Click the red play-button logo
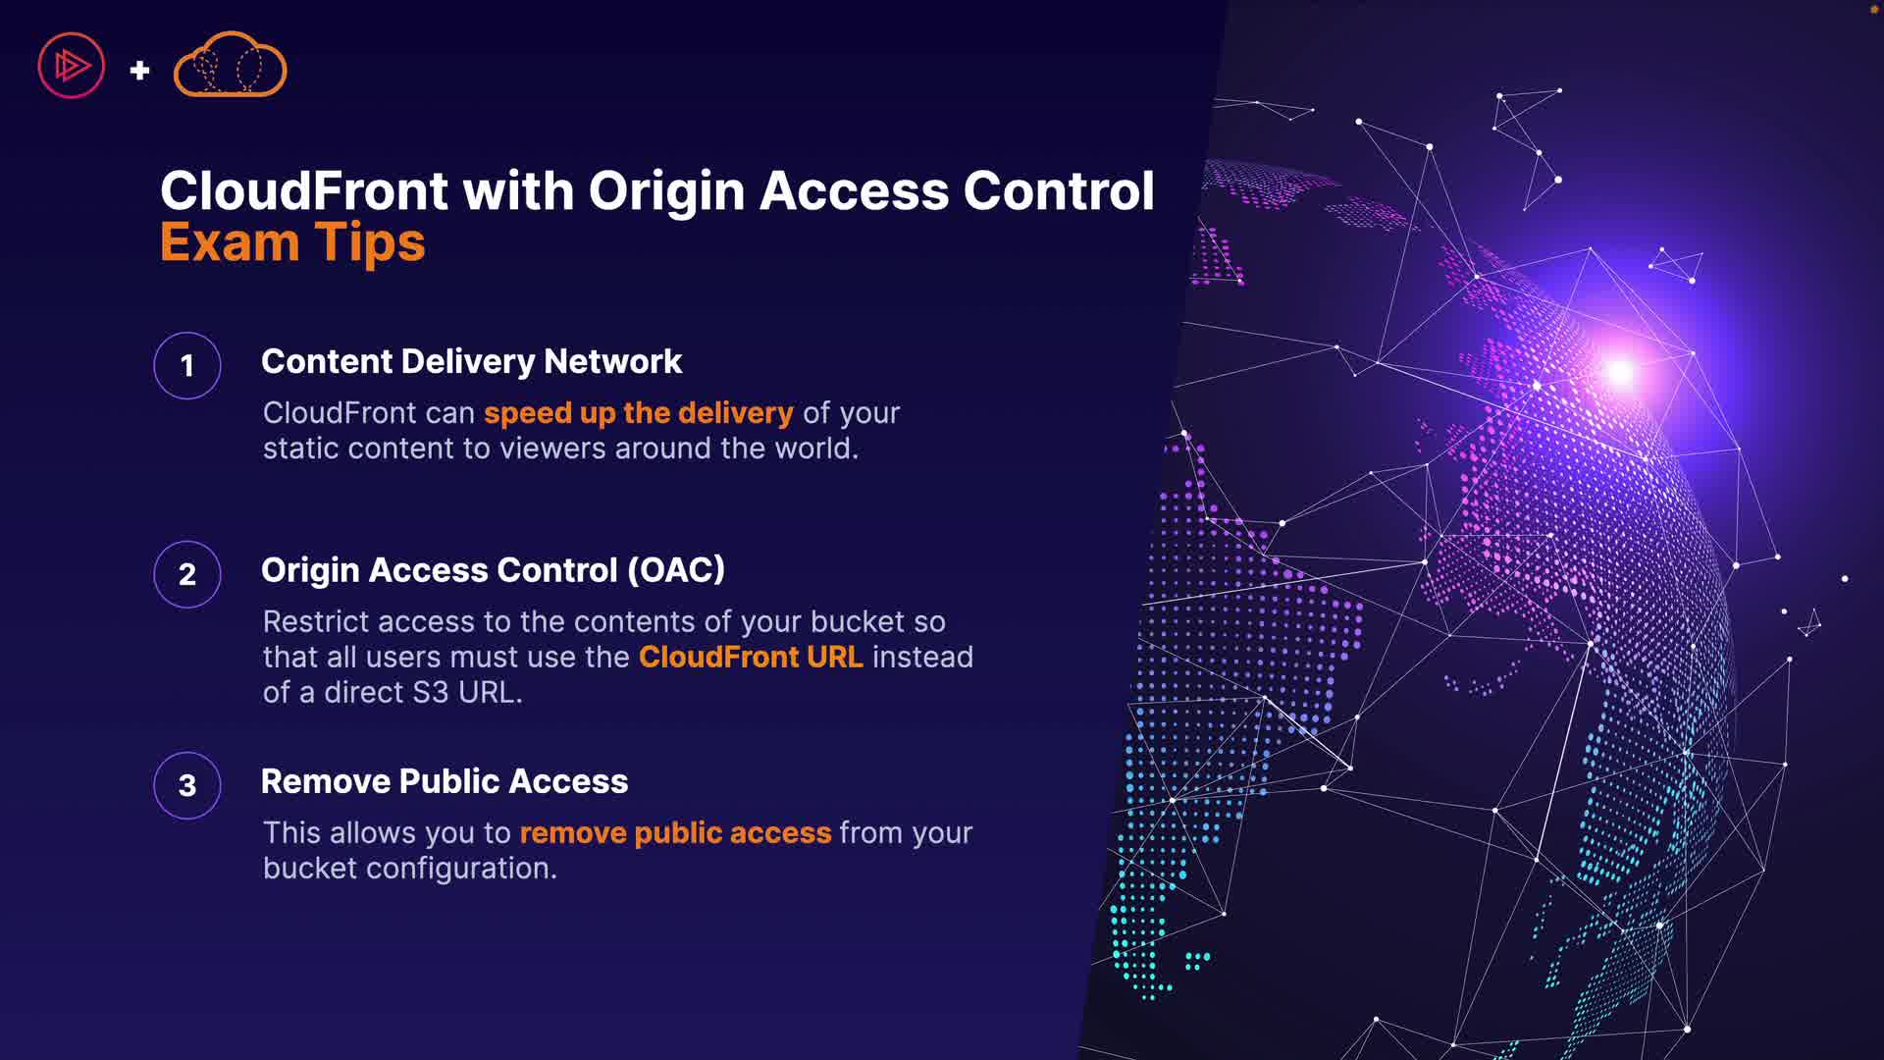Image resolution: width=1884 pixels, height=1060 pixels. point(71,66)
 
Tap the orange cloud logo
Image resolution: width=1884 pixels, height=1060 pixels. point(230,66)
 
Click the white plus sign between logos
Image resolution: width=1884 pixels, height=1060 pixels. point(140,70)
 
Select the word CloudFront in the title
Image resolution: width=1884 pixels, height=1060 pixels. point(304,190)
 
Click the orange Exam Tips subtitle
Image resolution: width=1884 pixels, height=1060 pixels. point(292,242)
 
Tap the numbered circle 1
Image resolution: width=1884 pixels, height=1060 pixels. point(187,366)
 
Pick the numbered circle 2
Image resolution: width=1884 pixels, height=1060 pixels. point(187,574)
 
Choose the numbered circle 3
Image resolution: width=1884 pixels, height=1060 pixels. point(187,785)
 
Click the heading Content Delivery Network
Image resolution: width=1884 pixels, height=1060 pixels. point(471,361)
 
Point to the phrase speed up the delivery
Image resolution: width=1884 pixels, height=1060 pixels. point(638,413)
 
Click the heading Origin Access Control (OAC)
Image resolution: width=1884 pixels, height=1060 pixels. point(493,570)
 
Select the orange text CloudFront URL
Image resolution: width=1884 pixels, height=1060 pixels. point(751,657)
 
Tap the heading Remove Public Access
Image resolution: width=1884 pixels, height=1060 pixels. point(445,781)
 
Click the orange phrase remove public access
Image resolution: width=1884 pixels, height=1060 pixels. point(675,833)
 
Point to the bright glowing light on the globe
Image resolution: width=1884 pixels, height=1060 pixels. point(1619,372)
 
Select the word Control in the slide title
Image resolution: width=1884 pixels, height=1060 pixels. point(1059,190)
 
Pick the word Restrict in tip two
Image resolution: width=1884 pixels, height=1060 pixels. point(315,622)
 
